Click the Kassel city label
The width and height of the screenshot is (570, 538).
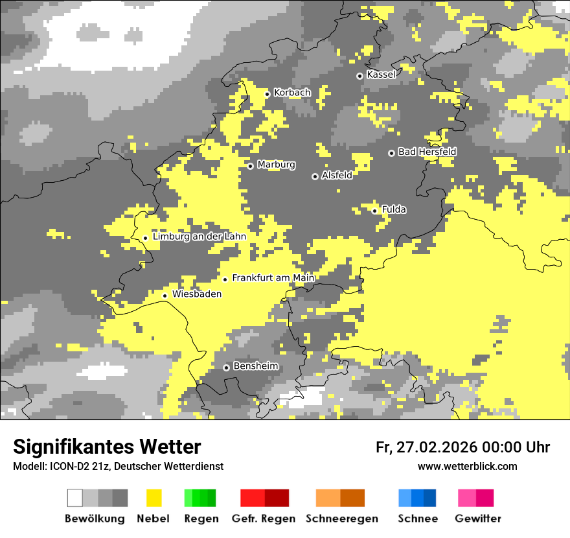tap(381, 75)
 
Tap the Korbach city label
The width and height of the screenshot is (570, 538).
tap(292, 93)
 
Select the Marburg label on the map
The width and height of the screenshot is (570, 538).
tap(276, 165)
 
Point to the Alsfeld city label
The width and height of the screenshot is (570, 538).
tap(337, 175)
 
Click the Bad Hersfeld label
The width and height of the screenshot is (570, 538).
tap(427, 152)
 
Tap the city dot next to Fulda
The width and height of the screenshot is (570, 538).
tap(375, 211)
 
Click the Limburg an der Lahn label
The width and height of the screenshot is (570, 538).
tap(199, 237)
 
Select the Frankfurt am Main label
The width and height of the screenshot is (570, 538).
tap(273, 278)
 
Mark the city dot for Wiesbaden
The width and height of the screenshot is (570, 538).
tap(165, 296)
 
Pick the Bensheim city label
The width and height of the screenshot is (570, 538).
tap(256, 366)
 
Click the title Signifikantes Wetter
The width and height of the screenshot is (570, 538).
tap(107, 447)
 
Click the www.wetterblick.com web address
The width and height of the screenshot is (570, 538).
tap(467, 467)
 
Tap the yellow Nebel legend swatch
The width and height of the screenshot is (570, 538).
tap(154, 498)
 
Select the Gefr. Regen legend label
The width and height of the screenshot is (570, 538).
tap(264, 519)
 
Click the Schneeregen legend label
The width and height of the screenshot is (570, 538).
tap(342, 519)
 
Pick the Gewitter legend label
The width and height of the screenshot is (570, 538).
tap(478, 519)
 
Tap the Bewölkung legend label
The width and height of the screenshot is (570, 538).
tap(95, 519)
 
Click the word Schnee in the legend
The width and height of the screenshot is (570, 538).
tap(418, 519)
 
